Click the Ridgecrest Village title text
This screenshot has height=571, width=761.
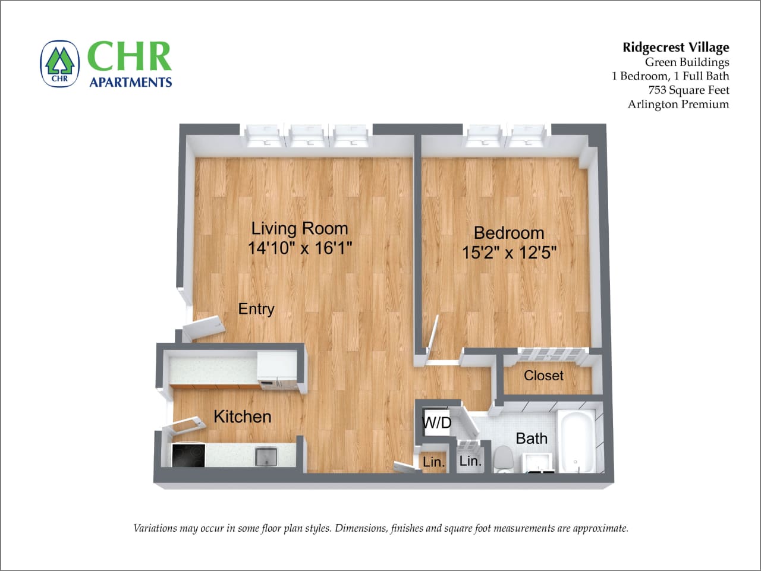675,48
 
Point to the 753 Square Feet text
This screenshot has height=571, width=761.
688,90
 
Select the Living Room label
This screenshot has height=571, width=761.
299,228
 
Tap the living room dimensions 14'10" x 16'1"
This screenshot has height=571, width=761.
300,248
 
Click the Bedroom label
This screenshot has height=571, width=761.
508,232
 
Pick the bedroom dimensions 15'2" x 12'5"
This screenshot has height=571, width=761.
509,253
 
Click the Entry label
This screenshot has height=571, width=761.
256,309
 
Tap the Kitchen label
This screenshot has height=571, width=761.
242,417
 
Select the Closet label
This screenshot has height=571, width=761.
543,376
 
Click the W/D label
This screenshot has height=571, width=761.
436,423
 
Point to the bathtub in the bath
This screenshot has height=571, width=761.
576,440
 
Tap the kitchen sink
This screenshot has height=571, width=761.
266,456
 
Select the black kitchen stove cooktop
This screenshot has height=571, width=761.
188,456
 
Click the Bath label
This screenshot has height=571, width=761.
531,438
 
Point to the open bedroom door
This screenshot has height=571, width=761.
433,336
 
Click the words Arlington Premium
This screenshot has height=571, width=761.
678,105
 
